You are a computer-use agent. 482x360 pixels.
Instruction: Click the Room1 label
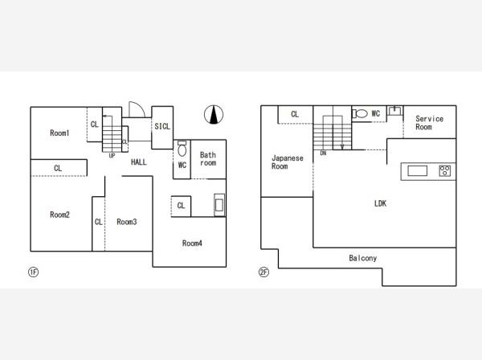pos(59,133)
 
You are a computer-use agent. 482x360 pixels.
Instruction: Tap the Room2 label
pos(59,215)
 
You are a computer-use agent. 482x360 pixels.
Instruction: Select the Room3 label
pos(127,222)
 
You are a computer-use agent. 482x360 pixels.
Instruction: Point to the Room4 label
pos(192,243)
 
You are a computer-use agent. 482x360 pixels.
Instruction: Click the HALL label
pos(139,162)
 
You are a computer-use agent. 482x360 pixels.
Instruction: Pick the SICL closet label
pos(162,126)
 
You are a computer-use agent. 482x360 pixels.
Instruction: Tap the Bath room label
pos(208,159)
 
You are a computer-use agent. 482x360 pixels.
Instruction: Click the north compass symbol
pos(214,115)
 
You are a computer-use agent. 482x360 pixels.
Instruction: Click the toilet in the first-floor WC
pos(182,149)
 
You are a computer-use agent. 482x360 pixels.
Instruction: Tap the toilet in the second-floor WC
pos(360,113)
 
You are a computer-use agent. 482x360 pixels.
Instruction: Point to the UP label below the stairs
pos(112,156)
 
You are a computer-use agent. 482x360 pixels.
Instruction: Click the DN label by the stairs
pos(323,153)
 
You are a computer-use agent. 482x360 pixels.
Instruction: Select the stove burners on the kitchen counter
pos(445,170)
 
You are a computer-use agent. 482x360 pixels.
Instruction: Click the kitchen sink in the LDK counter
pos(417,170)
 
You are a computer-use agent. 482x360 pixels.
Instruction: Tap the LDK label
pos(380,203)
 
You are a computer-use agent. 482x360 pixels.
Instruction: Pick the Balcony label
pos(363,258)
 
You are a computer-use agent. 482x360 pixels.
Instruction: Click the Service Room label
pos(430,123)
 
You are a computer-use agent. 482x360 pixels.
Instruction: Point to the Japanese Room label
pos(288,162)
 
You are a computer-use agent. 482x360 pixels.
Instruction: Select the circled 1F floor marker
pos(33,272)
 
